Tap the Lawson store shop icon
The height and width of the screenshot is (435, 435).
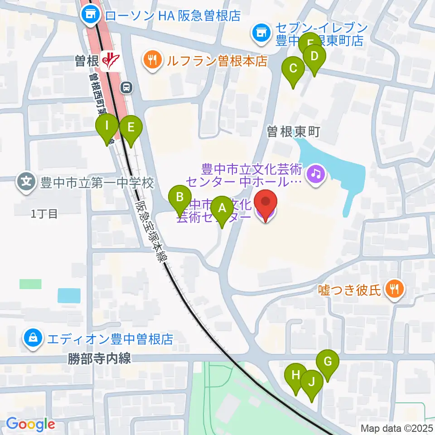tap(90, 16)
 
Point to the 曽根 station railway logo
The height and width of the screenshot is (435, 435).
tap(110, 59)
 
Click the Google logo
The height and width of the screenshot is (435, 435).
tap(30, 424)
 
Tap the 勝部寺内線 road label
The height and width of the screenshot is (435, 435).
tap(100, 359)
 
